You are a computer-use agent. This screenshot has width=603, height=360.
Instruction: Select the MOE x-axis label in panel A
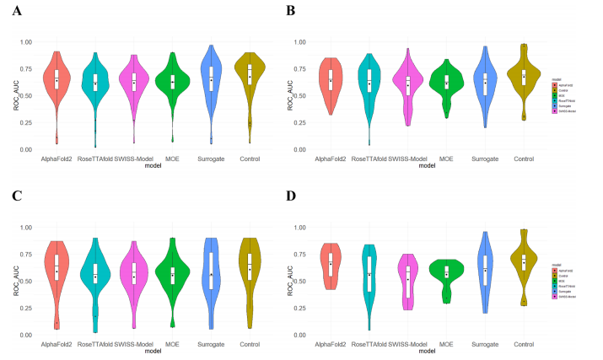(x=172, y=159)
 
